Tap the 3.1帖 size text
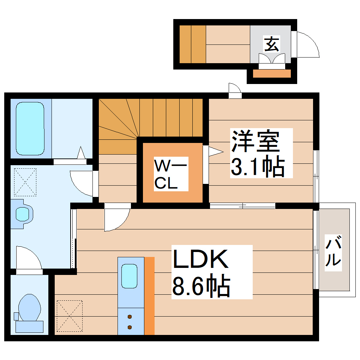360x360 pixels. point(258,167)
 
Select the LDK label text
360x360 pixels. point(200,260)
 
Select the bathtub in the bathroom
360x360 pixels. point(30,129)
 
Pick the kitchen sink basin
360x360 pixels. point(129,276)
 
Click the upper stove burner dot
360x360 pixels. point(130,317)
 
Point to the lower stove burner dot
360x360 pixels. point(130,327)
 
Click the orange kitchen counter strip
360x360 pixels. point(150,296)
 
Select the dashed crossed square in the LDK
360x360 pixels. point(70,316)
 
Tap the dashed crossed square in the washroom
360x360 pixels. point(25,182)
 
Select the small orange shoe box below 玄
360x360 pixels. point(272,74)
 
